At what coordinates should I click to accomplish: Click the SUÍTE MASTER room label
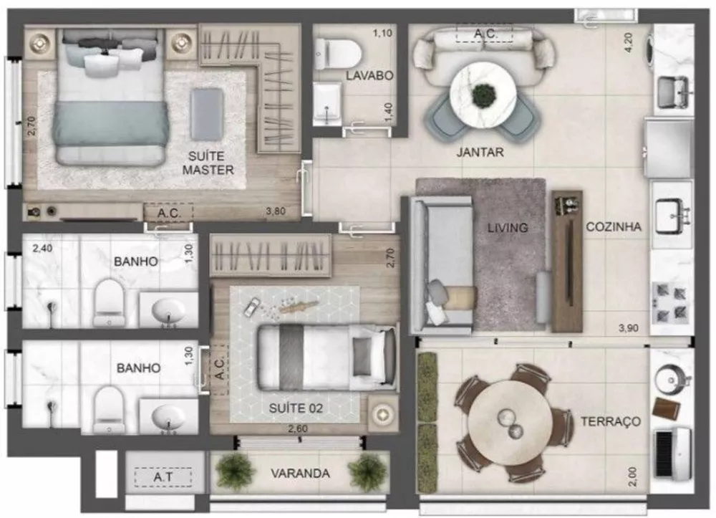tap(208, 163)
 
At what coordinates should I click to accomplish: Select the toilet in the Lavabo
tap(337, 54)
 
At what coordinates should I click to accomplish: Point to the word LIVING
tap(508, 228)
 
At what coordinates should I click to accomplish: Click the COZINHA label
tap(614, 226)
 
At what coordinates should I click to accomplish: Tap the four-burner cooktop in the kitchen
tap(671, 302)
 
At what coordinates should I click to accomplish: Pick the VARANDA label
tap(301, 474)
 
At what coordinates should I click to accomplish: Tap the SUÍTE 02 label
tap(296, 409)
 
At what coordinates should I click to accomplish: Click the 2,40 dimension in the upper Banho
tap(43, 250)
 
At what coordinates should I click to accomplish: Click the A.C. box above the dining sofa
tap(484, 33)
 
